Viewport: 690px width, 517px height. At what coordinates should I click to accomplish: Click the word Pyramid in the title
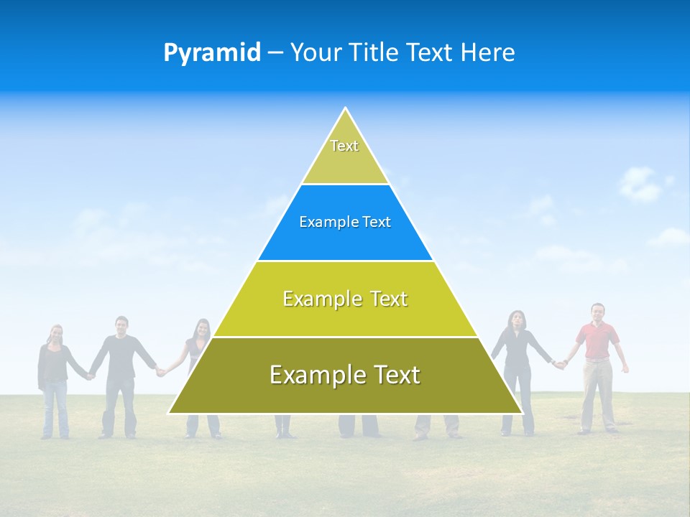(211, 53)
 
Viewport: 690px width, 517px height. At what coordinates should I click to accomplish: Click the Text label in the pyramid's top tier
(344, 146)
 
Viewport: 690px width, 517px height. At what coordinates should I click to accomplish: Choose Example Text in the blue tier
(345, 222)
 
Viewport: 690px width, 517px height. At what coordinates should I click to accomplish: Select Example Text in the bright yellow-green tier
(345, 299)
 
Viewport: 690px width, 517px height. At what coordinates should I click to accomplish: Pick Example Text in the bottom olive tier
(345, 375)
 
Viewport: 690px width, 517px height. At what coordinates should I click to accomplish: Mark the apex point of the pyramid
(346, 108)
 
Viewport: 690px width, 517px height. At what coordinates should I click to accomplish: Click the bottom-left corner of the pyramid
(168, 414)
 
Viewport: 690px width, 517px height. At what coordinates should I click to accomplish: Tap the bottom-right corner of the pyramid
(523, 414)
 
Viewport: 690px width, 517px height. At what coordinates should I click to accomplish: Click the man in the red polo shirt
(597, 359)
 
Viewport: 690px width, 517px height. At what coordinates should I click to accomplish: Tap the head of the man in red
(597, 312)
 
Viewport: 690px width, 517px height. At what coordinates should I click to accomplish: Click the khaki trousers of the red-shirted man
(597, 391)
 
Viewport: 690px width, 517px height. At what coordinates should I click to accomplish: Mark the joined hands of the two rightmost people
(558, 364)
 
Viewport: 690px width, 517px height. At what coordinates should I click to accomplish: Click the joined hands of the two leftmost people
(90, 374)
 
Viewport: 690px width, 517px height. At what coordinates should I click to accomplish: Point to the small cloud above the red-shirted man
(639, 184)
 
